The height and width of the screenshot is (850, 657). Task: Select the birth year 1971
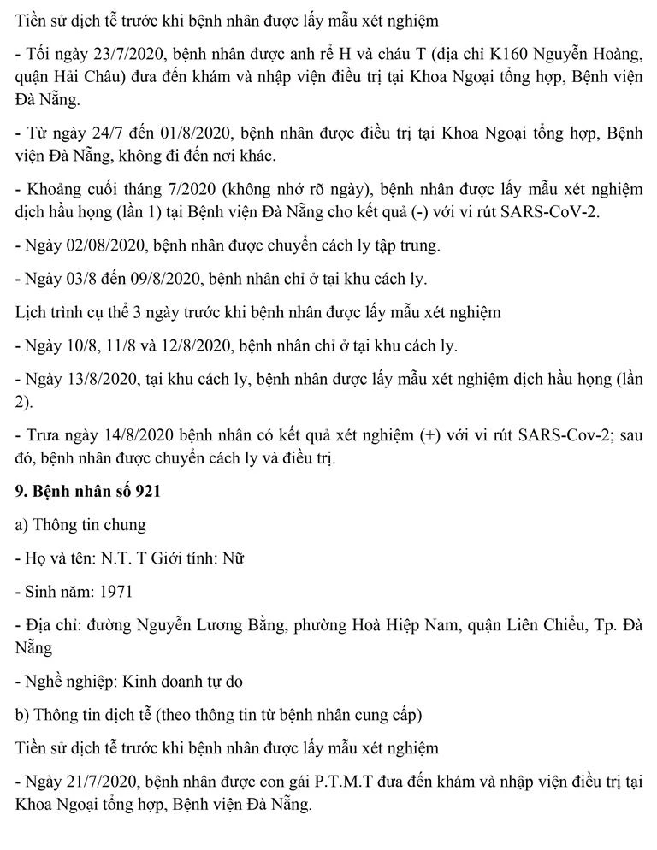click(114, 591)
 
